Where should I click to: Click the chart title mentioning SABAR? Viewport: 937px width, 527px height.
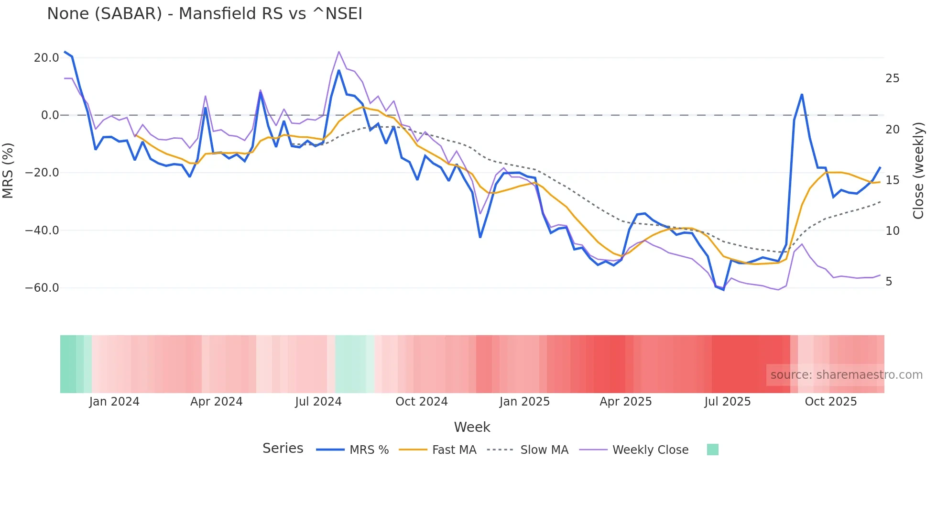205,14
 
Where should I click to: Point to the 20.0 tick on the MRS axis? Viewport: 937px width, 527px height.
46,58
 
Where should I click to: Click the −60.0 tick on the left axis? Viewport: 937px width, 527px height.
42,288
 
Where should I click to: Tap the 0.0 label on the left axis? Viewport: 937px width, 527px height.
50,115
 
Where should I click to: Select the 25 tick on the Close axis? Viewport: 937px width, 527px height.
892,78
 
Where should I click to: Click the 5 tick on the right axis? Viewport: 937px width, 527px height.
889,282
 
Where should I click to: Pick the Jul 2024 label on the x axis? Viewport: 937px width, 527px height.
318,402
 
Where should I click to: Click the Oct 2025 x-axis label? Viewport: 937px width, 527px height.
830,402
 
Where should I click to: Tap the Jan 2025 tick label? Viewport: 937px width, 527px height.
524,402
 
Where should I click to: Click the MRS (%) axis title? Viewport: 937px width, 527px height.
8,170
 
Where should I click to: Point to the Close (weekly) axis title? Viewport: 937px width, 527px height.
918,171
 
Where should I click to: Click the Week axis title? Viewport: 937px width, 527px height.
472,427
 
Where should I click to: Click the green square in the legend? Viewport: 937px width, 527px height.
712,450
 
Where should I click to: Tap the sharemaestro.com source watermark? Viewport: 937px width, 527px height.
846,375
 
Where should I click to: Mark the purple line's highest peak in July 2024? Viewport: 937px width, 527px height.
339,52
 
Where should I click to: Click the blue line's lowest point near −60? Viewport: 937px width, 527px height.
723,290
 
